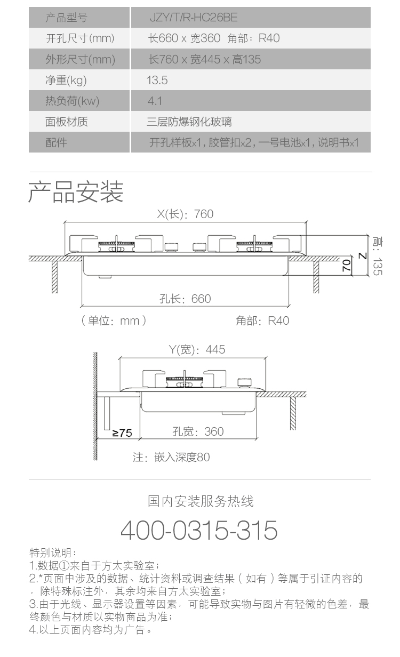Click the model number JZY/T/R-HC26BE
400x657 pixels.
194,18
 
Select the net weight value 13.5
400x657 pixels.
157,80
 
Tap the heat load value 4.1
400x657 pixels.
155,101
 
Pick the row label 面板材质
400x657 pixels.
67,122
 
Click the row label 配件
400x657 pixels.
56,142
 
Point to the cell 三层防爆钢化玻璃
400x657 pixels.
189,122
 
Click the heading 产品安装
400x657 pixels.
76,191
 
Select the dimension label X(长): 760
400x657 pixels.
185,214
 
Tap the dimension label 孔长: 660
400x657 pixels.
185,299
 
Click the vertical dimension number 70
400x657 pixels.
347,265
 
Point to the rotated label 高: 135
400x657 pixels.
378,256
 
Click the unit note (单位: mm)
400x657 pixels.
114,321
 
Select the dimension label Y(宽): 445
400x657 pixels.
197,349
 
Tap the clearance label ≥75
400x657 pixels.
122,432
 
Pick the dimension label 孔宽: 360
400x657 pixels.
198,431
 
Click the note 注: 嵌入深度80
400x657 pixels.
171,457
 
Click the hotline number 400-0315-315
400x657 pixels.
199,530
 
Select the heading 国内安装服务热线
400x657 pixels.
201,501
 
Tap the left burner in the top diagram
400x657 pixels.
116,245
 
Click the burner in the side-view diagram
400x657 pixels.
185,380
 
